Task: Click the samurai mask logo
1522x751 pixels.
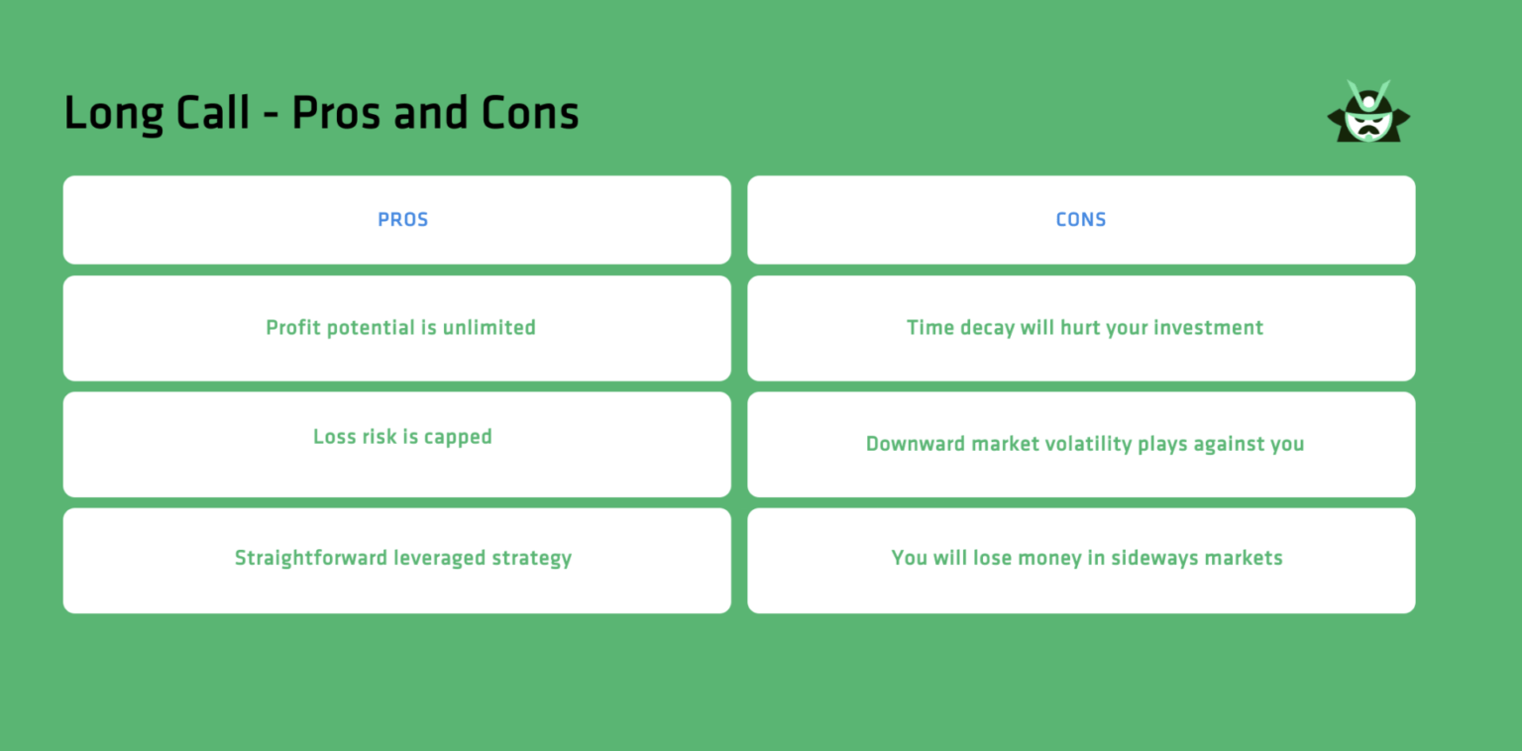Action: click(x=1368, y=112)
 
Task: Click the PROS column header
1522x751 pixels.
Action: click(x=403, y=220)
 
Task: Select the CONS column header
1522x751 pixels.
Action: click(x=1081, y=220)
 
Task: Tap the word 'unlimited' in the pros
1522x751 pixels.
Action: click(x=489, y=328)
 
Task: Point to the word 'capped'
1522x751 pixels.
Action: click(x=458, y=437)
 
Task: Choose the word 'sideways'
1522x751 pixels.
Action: click(x=1156, y=558)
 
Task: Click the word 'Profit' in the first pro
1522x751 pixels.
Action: click(x=294, y=328)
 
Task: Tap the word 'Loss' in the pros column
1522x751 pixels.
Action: click(x=335, y=437)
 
